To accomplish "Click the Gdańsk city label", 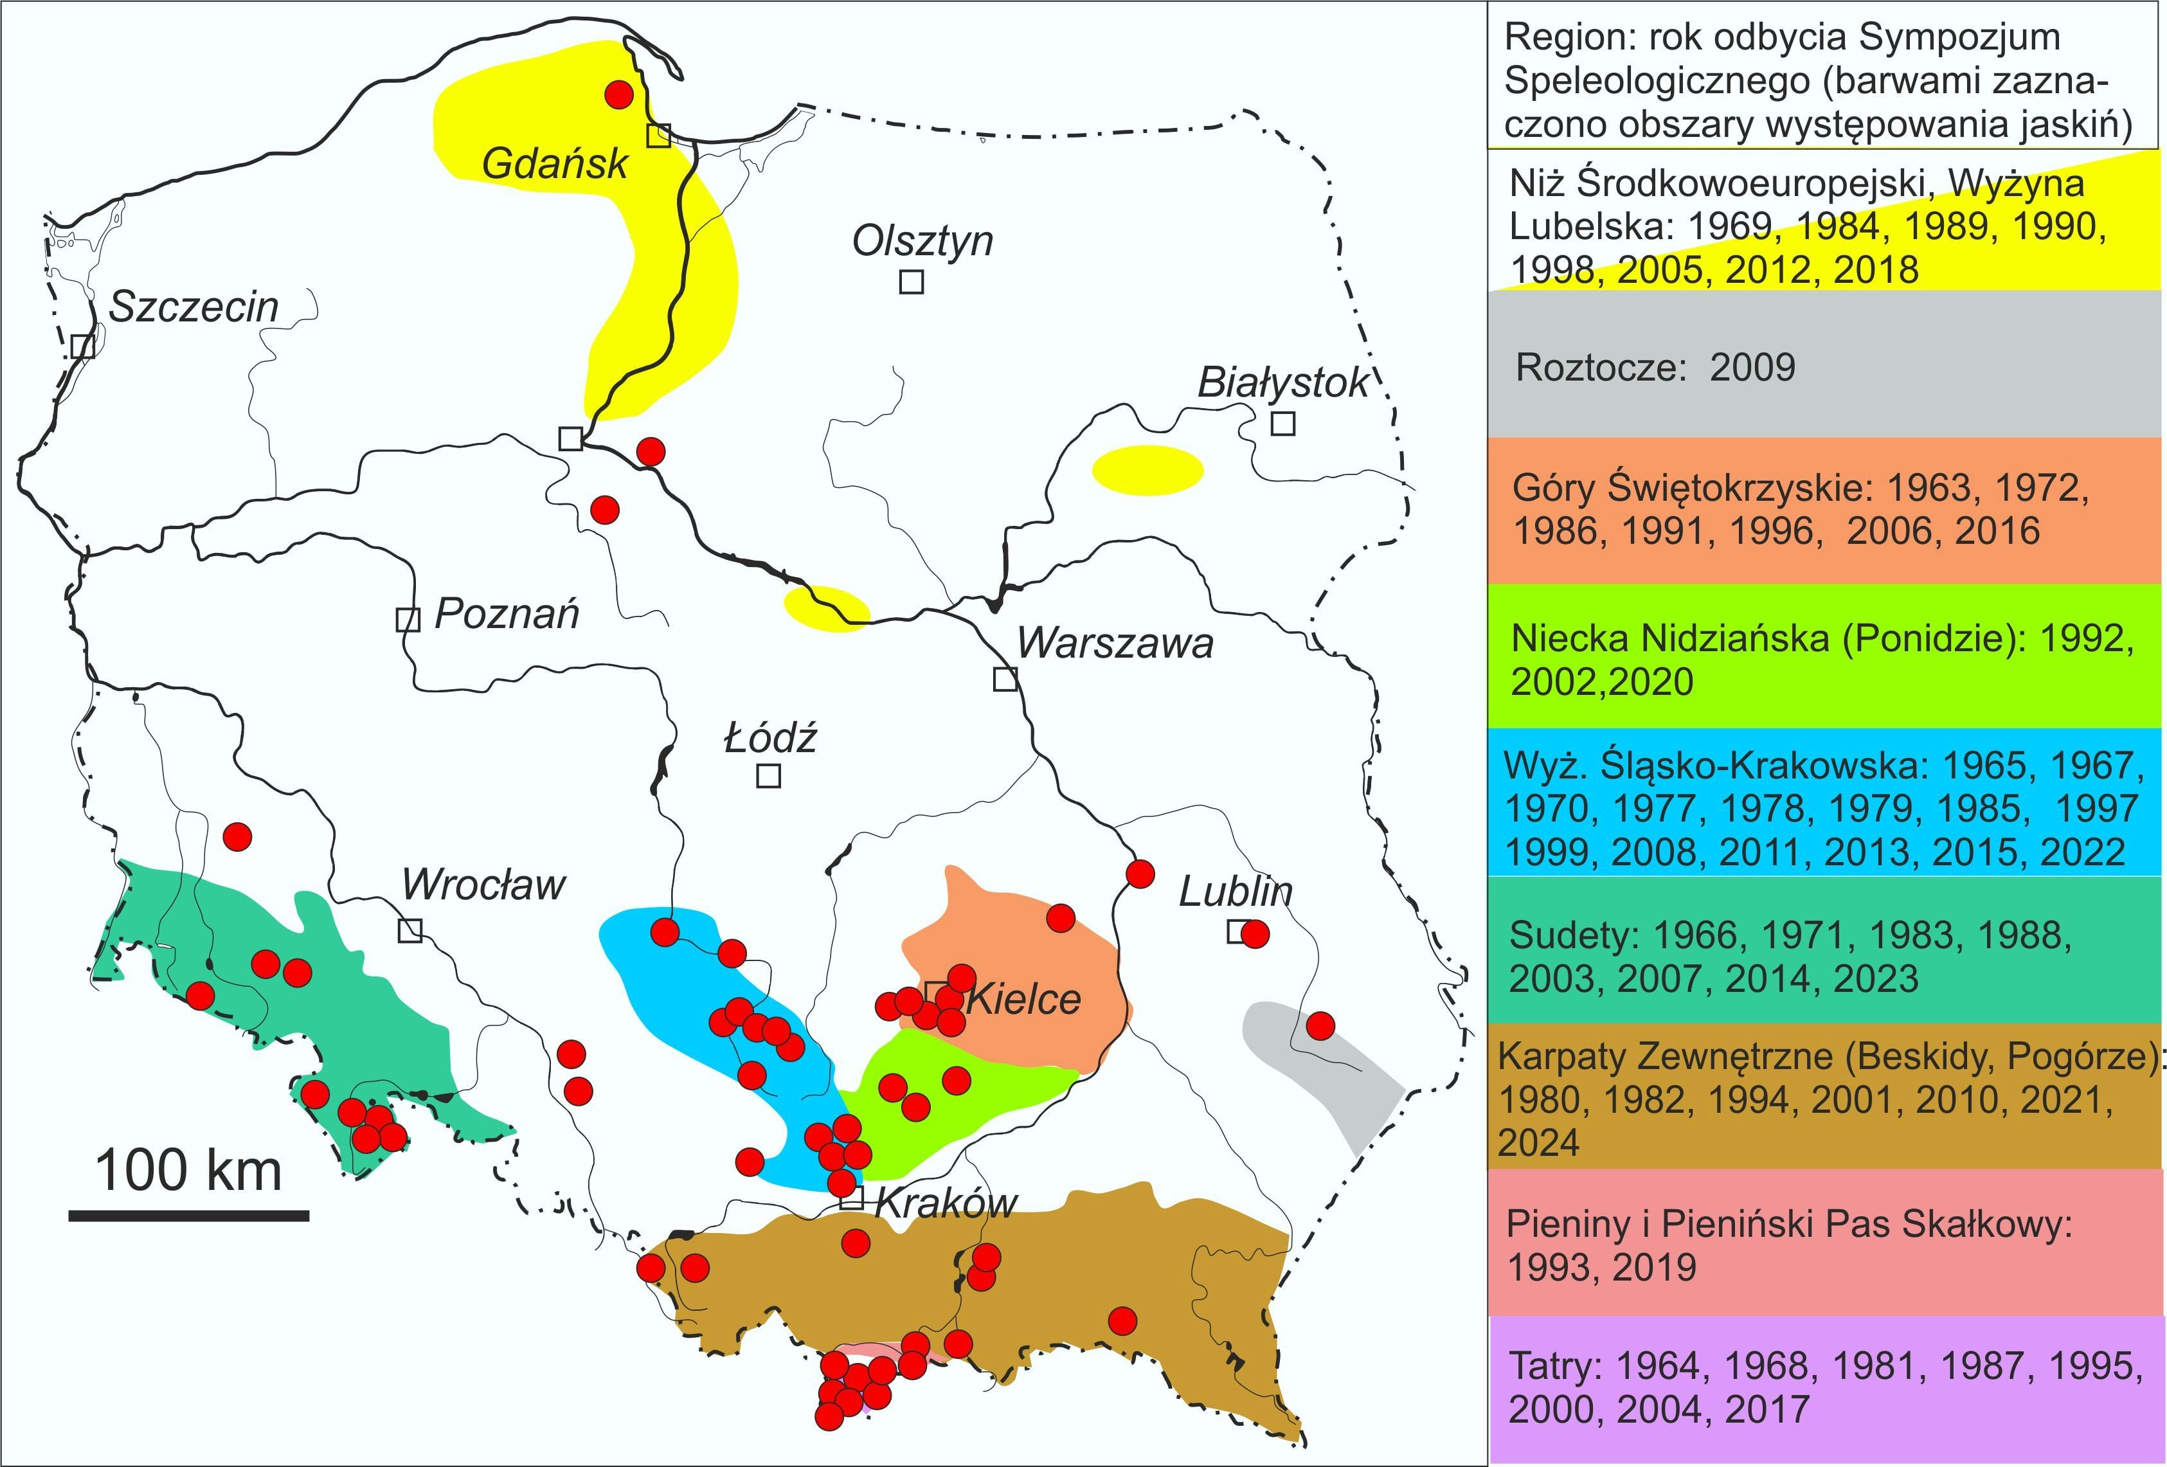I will [x=555, y=164].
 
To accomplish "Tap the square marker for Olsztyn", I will [x=911, y=281].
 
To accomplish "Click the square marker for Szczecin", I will [x=82, y=346].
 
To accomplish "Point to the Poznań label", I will [x=507, y=614].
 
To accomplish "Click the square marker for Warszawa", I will [x=1004, y=679].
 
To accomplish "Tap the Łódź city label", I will [x=770, y=739].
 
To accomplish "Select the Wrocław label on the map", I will [x=483, y=884].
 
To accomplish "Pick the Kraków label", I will [x=946, y=1203].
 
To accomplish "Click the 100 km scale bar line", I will [x=188, y=1215].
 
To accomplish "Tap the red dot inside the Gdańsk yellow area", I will [x=619, y=94].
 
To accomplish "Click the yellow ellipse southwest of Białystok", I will [x=1147, y=469].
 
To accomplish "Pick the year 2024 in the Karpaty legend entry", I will [x=1538, y=1142].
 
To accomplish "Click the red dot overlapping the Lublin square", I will [x=1255, y=933].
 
